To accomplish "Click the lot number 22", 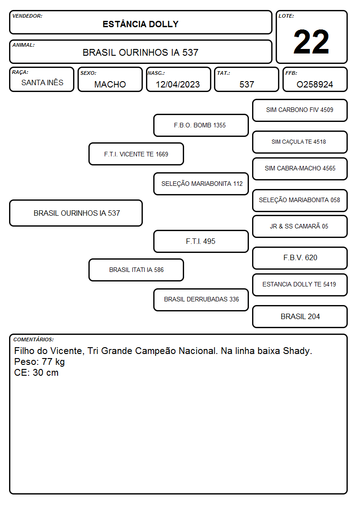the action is pos(311,42).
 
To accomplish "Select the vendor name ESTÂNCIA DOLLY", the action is pos(141,24).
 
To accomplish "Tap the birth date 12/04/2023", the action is pos(178,84).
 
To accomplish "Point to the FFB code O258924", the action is pos(315,84).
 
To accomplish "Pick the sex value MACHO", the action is pos(110,84).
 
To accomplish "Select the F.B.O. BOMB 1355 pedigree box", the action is pos(201,125).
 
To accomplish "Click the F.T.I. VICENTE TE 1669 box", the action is pos(136,154).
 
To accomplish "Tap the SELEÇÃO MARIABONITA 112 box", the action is pos(201,184).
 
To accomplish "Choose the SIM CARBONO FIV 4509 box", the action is pos(300,111).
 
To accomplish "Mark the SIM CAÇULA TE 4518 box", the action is pos(300,142).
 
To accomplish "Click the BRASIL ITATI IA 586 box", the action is pos(136,270).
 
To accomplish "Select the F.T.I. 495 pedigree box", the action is pos(201,241).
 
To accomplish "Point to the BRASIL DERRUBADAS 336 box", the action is pos(201,300).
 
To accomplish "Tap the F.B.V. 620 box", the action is pos(300,258).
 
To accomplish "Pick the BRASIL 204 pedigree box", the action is pos(300,316).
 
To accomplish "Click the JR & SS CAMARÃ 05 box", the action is pos(300,226).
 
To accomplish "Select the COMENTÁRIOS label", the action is pos(34,339).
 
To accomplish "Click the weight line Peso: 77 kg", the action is pos(39,362).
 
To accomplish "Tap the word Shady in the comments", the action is pos(297,351).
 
